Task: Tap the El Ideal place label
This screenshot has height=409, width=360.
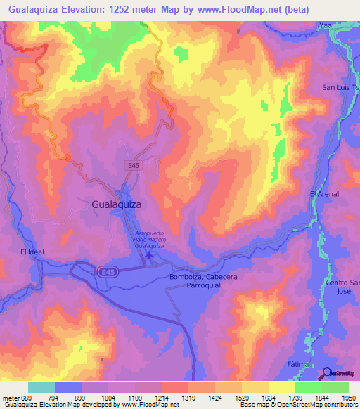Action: (33, 252)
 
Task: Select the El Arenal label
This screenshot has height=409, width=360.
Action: (324, 194)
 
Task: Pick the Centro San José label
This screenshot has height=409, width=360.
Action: (343, 287)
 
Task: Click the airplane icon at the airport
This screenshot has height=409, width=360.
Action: (149, 256)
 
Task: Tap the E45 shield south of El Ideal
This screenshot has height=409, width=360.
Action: (103, 271)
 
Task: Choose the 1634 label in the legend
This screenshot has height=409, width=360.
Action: (269, 398)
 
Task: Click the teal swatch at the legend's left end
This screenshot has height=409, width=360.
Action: (41, 387)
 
